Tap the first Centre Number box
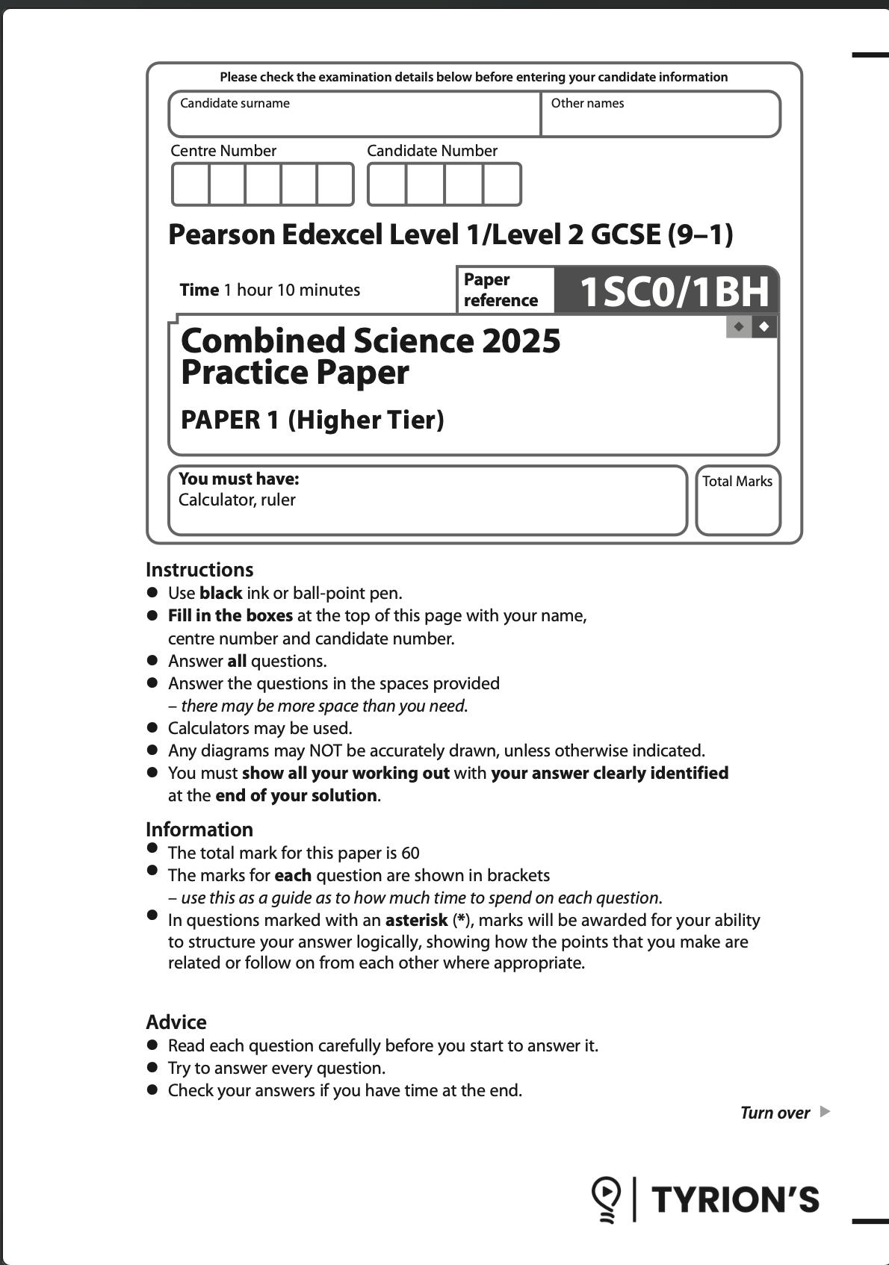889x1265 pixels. [x=190, y=184]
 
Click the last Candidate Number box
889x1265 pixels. [x=501, y=184]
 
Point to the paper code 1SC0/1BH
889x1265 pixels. [x=674, y=291]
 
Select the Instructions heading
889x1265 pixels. [x=199, y=570]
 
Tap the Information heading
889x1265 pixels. [x=199, y=830]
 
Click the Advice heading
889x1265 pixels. [x=176, y=1022]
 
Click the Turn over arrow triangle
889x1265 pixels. [x=825, y=1112]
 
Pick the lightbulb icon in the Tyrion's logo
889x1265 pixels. [x=606, y=1199]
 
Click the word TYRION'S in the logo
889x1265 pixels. [x=736, y=1200]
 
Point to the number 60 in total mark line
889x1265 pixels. [x=410, y=853]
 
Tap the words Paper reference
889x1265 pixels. [x=500, y=290]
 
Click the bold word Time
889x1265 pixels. [x=199, y=290]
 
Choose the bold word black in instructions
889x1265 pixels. [x=220, y=594]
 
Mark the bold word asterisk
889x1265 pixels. [x=416, y=920]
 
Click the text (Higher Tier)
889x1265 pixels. [x=366, y=420]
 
